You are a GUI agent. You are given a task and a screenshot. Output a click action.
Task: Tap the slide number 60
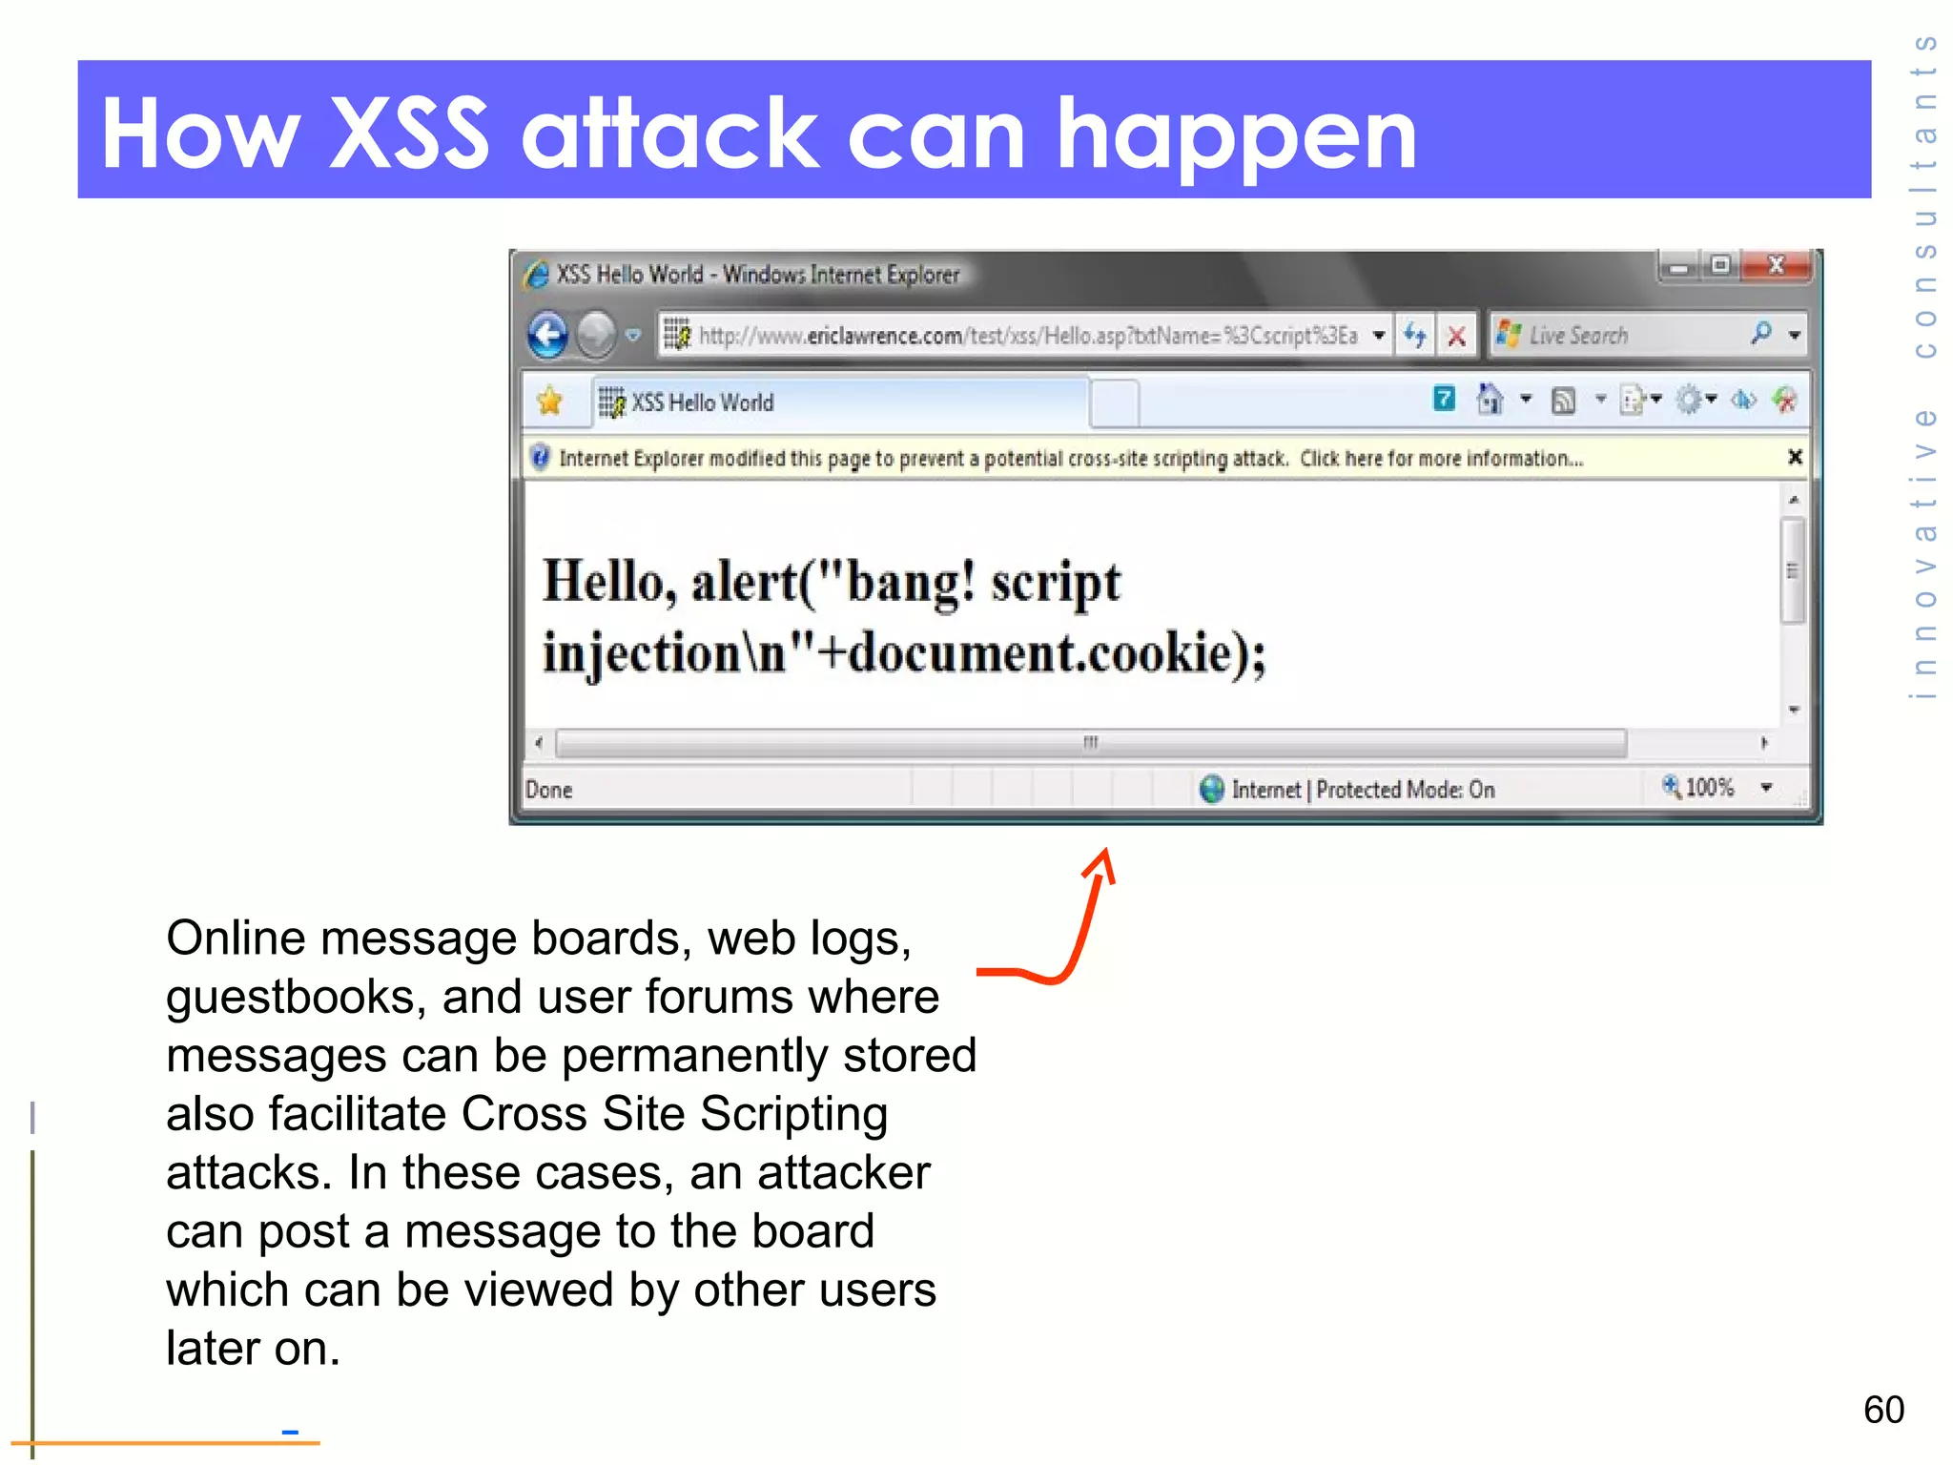click(1883, 1410)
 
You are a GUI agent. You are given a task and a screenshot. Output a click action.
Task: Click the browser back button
click(548, 335)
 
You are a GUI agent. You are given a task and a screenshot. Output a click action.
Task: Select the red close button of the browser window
click(1776, 265)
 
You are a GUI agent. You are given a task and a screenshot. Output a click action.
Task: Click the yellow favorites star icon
click(550, 402)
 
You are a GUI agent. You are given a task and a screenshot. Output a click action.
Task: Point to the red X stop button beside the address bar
click(1456, 336)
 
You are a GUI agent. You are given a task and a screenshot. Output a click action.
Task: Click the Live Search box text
click(1578, 336)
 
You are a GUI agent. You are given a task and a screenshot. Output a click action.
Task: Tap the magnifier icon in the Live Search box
click(1760, 334)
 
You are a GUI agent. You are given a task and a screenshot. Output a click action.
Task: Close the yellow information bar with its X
click(1795, 458)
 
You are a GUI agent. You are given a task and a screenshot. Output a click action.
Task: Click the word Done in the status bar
click(549, 790)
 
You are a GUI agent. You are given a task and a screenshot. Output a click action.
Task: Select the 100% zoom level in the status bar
click(1709, 788)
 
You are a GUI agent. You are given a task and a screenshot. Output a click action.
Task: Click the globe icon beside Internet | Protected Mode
click(1212, 789)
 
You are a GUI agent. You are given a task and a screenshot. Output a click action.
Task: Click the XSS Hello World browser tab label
click(702, 402)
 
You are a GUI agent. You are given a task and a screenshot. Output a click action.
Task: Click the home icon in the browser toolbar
click(1490, 400)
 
